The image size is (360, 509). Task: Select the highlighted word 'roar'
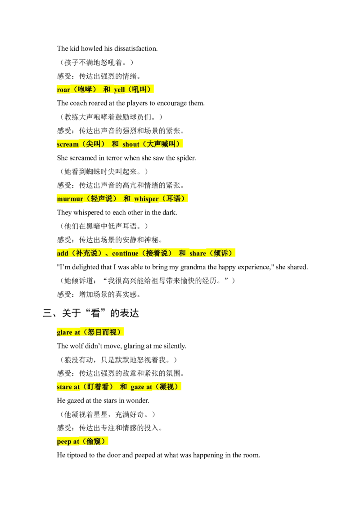click(63, 89)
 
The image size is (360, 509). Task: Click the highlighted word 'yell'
click(119, 89)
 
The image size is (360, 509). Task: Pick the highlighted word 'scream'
click(67, 144)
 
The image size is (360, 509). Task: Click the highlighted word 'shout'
click(131, 144)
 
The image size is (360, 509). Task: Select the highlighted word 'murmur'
click(70, 199)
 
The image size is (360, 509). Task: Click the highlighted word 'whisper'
click(146, 199)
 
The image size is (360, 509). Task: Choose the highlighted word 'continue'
click(125, 253)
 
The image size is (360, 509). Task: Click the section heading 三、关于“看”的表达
click(91, 313)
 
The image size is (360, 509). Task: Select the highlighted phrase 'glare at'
click(68, 332)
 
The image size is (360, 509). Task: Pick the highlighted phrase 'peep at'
click(68, 442)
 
